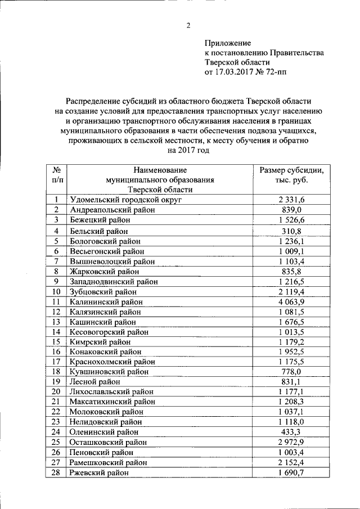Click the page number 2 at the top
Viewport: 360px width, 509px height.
(x=188, y=25)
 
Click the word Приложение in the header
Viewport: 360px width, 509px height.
(x=228, y=43)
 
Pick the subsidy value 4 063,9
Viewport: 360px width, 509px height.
(x=291, y=302)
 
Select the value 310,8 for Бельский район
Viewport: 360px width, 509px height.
(x=291, y=231)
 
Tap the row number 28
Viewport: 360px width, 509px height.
(x=56, y=474)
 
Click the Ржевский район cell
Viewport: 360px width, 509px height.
(x=99, y=474)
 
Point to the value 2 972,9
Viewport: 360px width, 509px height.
(x=291, y=443)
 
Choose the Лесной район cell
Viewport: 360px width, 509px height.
(x=96, y=381)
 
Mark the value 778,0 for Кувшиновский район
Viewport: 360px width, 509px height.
(x=291, y=371)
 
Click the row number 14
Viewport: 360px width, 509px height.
(x=56, y=332)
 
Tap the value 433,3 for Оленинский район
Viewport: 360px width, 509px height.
(x=291, y=432)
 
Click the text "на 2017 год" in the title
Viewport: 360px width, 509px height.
(x=188, y=151)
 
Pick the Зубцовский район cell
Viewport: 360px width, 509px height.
(x=104, y=292)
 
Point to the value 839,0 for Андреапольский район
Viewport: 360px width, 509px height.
(x=291, y=210)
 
